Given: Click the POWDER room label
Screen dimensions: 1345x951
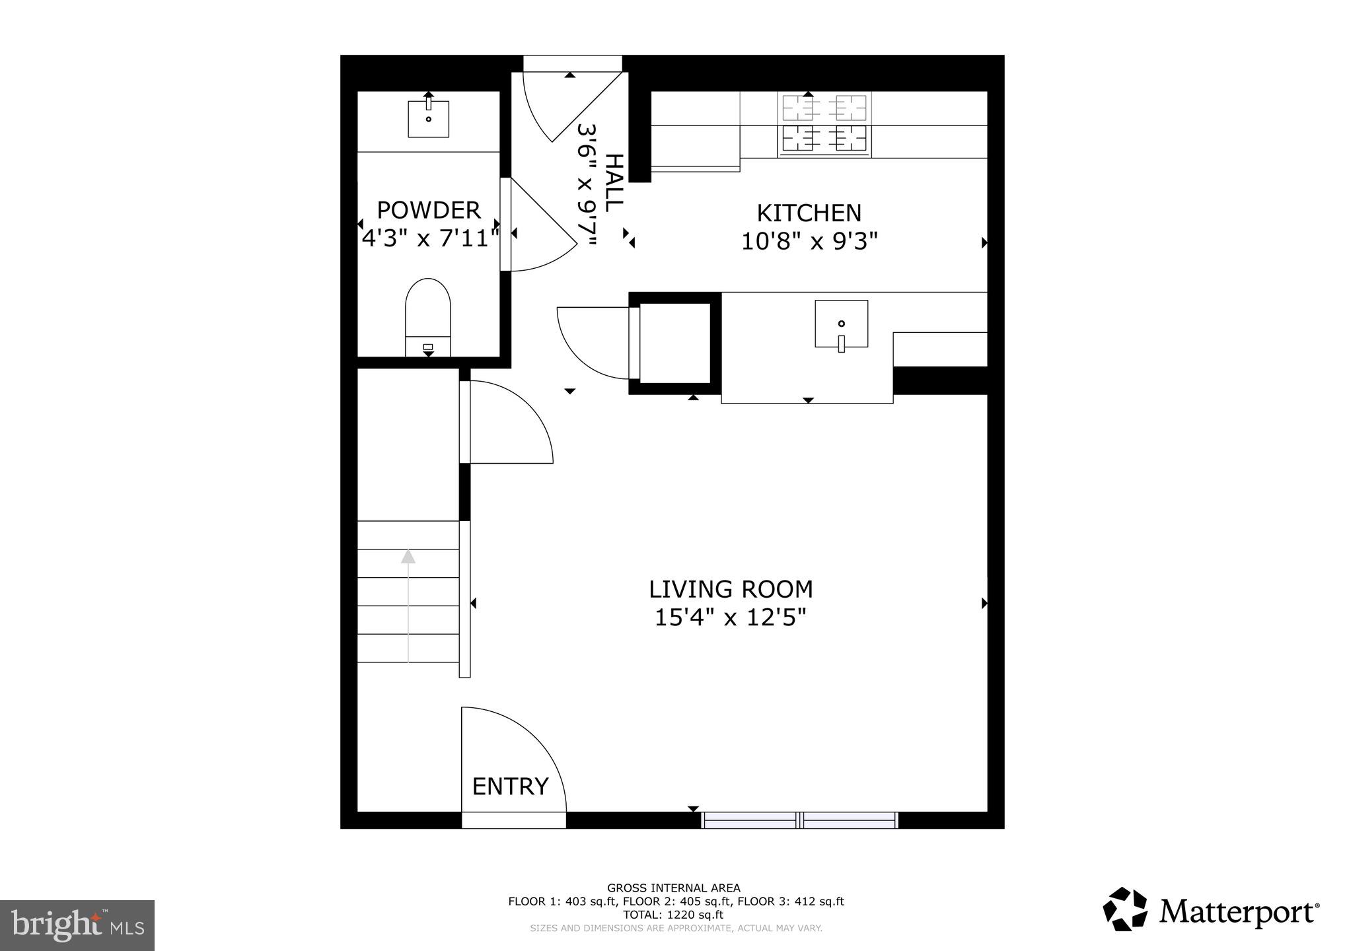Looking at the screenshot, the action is coord(428,210).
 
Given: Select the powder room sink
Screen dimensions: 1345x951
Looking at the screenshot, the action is coord(428,119).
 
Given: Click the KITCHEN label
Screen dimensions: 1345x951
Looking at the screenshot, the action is coord(809,213).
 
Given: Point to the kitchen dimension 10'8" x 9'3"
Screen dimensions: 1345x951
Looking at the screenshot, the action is coord(809,242).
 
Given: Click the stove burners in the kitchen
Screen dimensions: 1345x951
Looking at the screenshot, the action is coord(824,123).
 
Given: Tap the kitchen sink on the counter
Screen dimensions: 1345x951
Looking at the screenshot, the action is coord(841,324).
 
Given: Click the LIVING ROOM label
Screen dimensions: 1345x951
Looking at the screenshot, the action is coord(731,589).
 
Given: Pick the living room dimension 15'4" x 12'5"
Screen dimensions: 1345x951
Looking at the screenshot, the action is coord(731,618).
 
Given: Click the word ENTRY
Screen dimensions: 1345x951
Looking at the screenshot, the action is coord(510,787).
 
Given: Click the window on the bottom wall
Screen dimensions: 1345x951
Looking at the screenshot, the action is coord(799,820).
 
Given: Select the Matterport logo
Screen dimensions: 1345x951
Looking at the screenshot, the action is coord(1210,911).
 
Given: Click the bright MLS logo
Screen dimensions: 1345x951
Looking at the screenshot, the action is coord(77,925).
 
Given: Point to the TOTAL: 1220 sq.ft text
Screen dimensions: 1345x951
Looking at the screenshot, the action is coord(673,915).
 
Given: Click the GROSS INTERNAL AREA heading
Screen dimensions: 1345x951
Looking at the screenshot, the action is coord(673,888).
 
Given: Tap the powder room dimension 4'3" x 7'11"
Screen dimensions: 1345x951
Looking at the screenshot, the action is coord(429,238).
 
